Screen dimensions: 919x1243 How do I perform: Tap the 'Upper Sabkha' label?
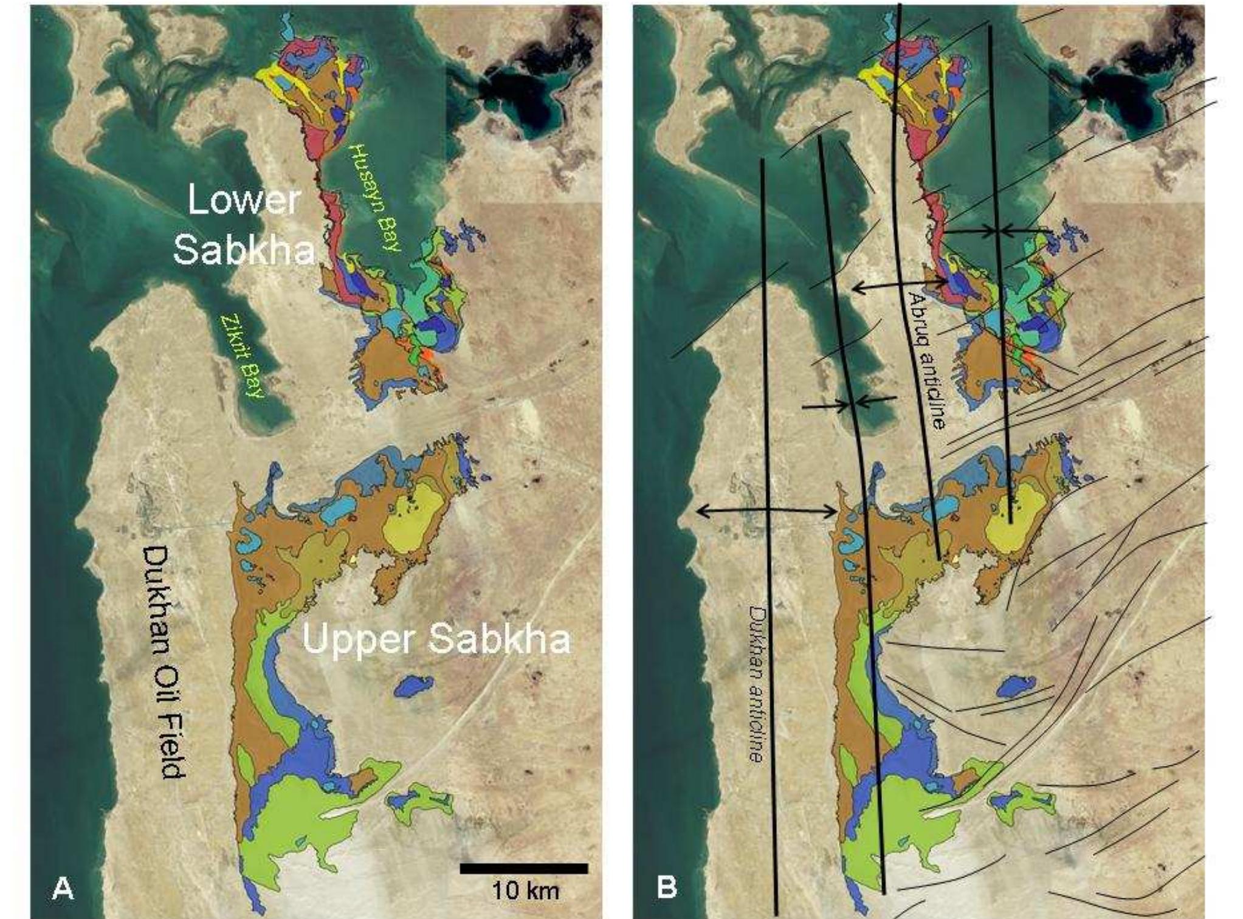click(x=436, y=641)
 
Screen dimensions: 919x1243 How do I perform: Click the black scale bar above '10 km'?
click(x=523, y=869)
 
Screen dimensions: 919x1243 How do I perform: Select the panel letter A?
click(x=63, y=888)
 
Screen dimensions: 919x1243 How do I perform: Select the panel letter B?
click(x=667, y=888)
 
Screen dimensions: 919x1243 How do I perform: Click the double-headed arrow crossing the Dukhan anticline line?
click(x=767, y=511)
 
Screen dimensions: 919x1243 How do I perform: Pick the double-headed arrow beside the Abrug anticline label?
click(x=900, y=284)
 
